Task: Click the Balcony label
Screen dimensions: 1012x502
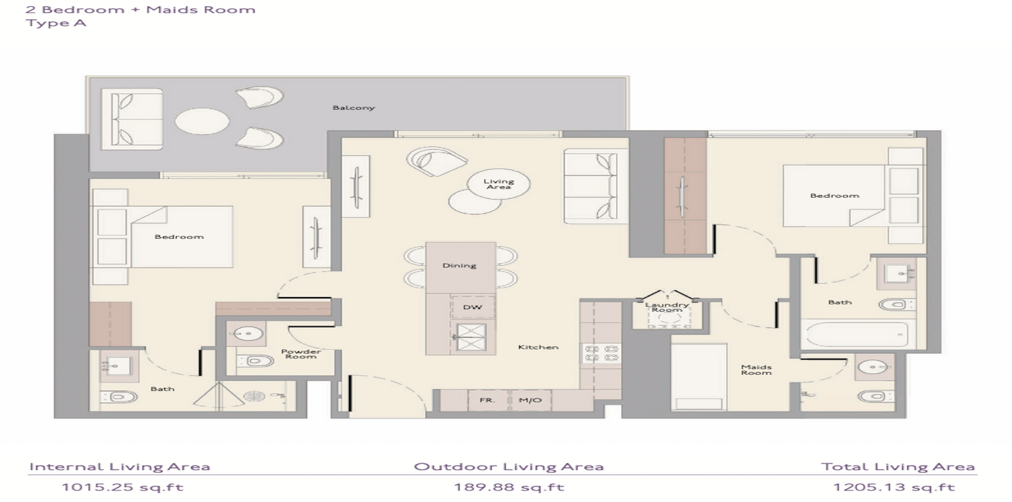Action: point(354,108)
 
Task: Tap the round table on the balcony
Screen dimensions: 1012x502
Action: point(202,121)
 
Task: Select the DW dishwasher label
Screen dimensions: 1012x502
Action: point(472,307)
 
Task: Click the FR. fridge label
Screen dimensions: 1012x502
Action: point(487,400)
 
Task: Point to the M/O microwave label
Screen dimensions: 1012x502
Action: point(530,400)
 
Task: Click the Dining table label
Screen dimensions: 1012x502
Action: point(459,266)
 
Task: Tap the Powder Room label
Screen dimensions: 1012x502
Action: point(301,354)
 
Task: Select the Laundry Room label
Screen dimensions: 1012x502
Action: point(667,307)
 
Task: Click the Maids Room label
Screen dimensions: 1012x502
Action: point(756,370)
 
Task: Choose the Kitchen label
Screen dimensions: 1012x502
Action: point(538,347)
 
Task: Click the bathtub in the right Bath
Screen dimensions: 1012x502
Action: point(858,334)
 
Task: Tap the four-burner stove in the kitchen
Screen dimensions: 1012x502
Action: point(602,353)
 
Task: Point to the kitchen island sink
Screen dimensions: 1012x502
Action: point(471,337)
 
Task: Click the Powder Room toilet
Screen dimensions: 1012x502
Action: point(256,361)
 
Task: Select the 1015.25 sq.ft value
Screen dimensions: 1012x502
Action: point(123,487)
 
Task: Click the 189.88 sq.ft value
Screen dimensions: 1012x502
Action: point(509,487)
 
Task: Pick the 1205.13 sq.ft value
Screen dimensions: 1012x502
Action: point(894,487)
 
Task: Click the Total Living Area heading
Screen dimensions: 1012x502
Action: point(898,467)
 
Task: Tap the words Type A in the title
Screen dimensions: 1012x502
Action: point(56,23)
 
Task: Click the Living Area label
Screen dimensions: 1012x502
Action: point(499,184)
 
